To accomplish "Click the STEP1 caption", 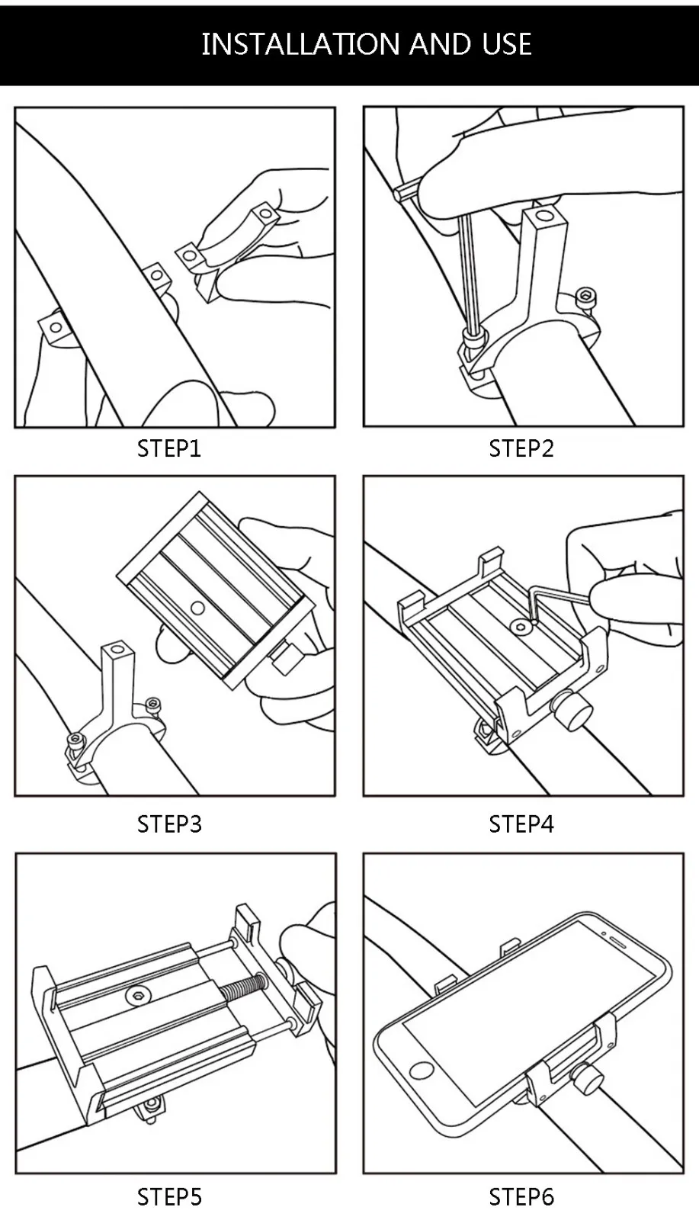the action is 169,448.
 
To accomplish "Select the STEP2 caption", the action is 521,448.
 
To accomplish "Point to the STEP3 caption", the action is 169,824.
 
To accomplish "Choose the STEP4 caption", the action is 521,824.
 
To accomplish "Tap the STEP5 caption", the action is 169,1197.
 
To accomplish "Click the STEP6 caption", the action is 521,1197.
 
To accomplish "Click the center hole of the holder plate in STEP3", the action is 197,608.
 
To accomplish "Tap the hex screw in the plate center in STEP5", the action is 139,994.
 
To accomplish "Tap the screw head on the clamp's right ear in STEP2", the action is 585,295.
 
